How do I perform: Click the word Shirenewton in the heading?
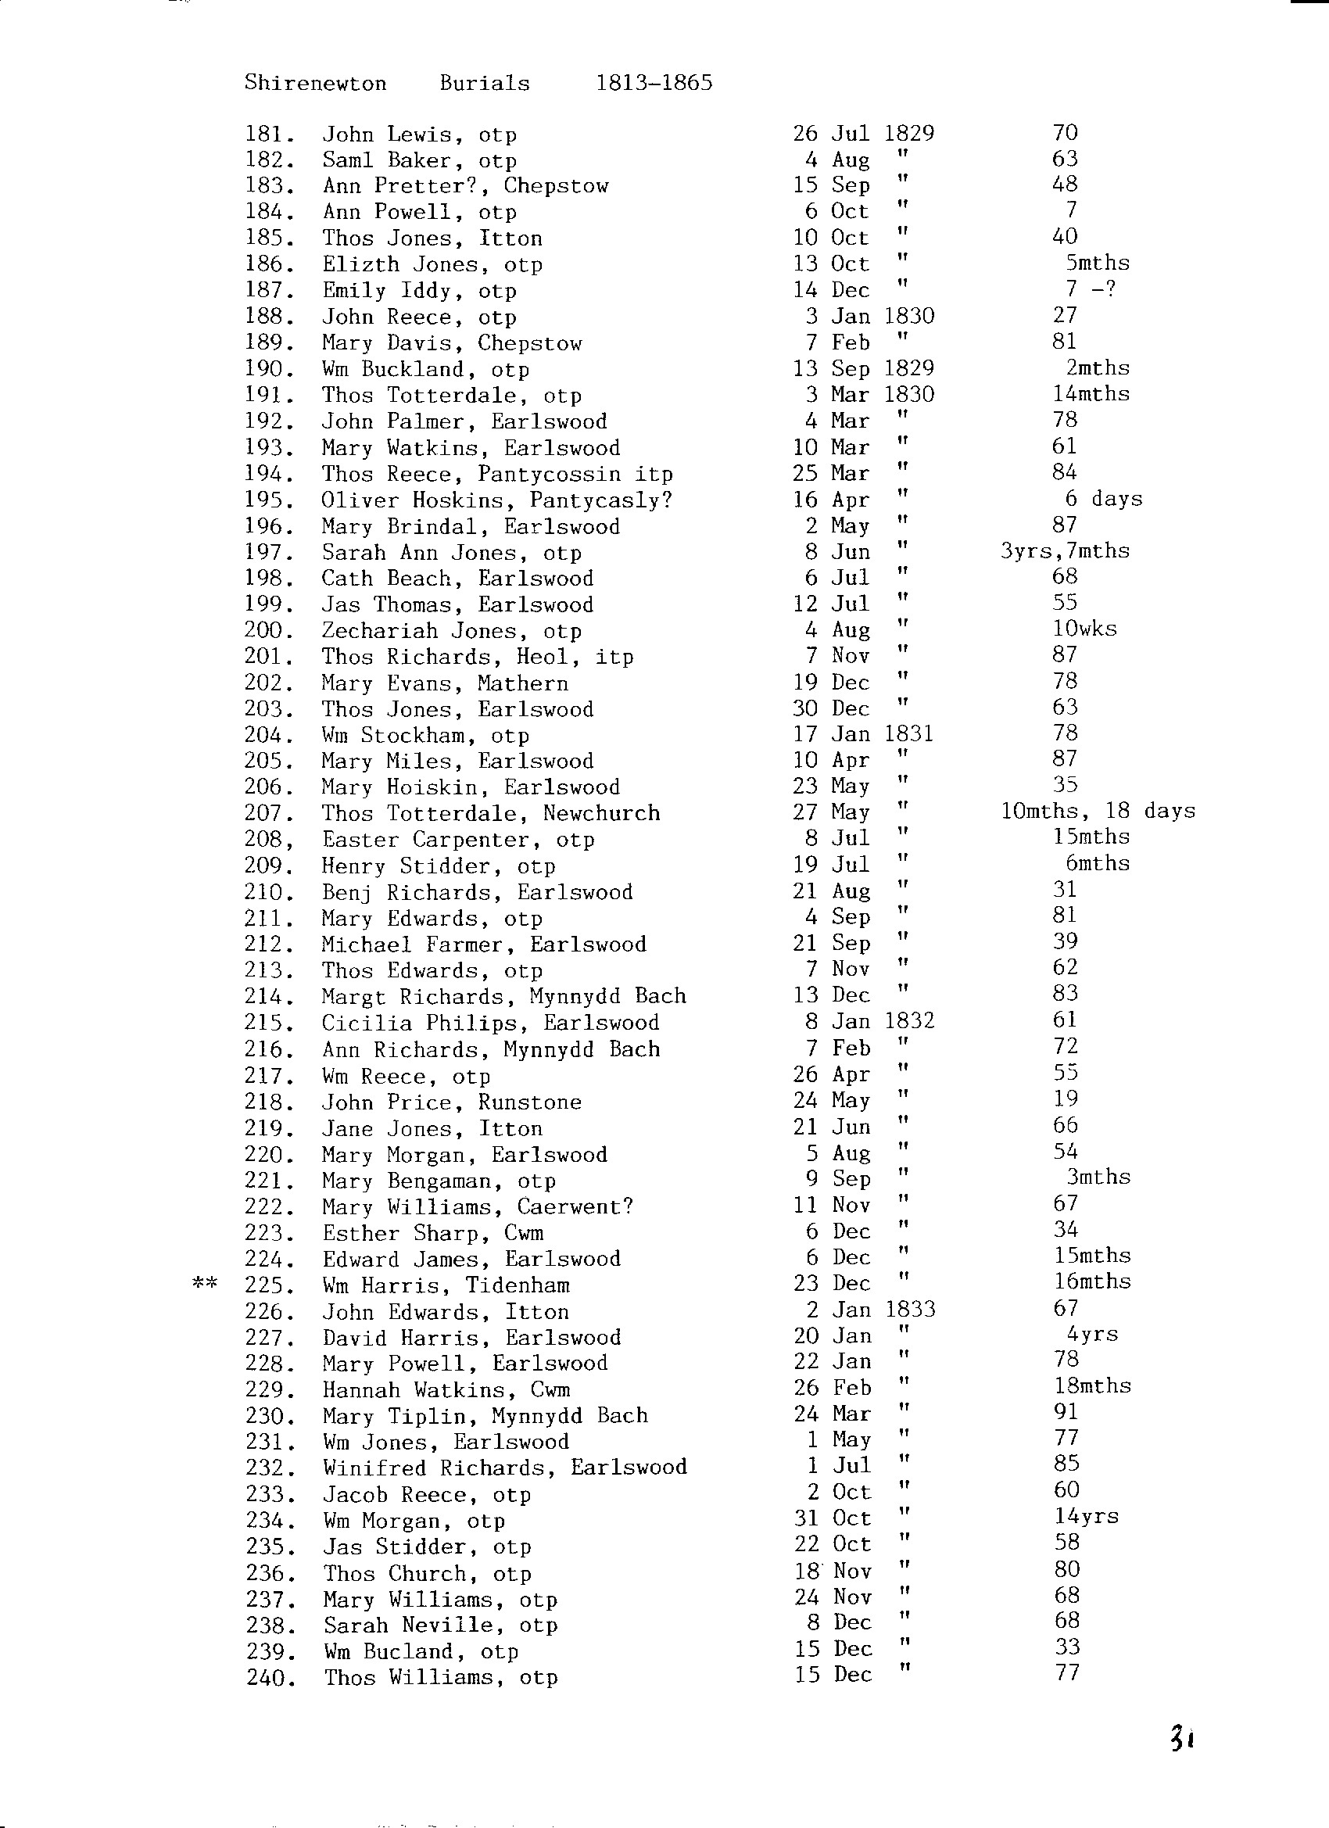315,83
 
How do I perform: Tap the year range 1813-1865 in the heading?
654,83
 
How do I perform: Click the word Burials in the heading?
485,83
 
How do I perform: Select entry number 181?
269,134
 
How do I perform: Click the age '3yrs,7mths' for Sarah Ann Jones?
1065,551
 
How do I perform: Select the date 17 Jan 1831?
863,733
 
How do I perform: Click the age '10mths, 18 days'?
1098,811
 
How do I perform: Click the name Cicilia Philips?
417,1023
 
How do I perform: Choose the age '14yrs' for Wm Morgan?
1087,1517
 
